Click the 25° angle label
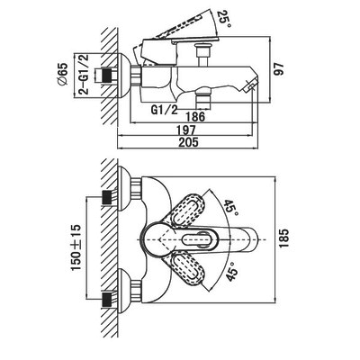(x=225, y=19)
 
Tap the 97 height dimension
(x=279, y=69)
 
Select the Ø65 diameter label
(x=63, y=75)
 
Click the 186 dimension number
(x=195, y=116)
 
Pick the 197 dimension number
(x=186, y=130)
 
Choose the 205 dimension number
(x=188, y=142)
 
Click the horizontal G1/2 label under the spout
(x=164, y=110)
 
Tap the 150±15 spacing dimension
(x=76, y=247)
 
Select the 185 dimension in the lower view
(x=283, y=238)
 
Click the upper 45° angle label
(x=230, y=205)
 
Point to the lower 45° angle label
(x=232, y=272)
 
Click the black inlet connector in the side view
(x=109, y=75)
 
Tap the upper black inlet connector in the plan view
(x=108, y=198)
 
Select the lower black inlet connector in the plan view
(x=108, y=300)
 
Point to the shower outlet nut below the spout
(x=203, y=98)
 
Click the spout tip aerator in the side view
(x=251, y=84)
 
